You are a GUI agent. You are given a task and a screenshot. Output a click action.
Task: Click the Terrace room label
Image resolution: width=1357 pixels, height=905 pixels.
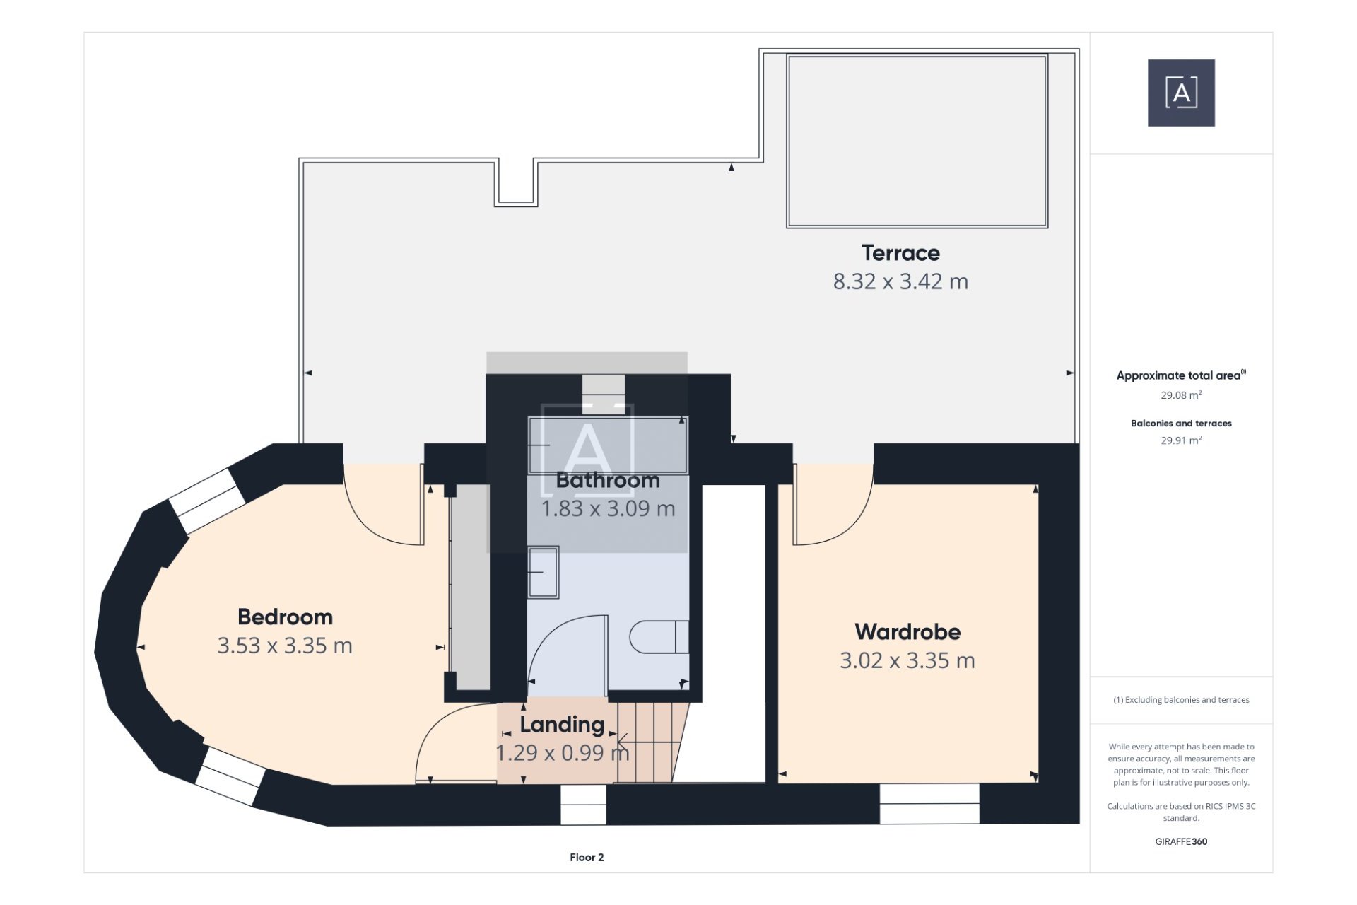[900, 253]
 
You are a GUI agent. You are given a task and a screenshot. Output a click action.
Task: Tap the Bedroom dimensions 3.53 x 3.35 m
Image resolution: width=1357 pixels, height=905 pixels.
[285, 646]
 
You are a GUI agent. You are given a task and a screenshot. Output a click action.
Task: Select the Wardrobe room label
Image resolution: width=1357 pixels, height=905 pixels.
[907, 631]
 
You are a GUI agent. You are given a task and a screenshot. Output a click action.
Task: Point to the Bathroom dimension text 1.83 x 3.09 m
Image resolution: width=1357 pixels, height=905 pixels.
[608, 508]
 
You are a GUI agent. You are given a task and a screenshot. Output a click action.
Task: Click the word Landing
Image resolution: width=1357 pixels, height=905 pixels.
[563, 725]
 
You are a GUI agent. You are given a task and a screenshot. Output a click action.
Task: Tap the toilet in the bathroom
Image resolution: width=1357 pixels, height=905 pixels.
[659, 637]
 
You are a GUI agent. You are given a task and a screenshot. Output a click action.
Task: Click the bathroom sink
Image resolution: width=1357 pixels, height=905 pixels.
[544, 572]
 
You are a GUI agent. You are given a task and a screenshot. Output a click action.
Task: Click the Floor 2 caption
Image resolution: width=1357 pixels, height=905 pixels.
[587, 857]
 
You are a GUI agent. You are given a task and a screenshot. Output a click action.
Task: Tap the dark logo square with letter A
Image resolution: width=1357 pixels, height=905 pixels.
[1181, 93]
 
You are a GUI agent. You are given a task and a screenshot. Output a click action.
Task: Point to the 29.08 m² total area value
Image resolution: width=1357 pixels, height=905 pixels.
[1181, 395]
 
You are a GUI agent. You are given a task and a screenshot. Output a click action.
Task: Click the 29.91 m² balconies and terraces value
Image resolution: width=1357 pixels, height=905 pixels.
[1181, 440]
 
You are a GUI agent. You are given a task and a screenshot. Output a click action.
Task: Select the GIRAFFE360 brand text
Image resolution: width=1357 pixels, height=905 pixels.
[1181, 841]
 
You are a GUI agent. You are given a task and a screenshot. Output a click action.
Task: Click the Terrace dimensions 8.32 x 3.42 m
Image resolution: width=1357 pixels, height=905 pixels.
[900, 281]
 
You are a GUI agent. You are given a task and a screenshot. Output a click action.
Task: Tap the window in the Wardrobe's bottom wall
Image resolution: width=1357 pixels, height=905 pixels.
[929, 803]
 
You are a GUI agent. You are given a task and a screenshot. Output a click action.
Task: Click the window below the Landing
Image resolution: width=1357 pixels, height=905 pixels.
[583, 805]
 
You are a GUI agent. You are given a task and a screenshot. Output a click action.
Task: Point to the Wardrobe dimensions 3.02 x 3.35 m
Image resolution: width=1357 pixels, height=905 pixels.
[907, 660]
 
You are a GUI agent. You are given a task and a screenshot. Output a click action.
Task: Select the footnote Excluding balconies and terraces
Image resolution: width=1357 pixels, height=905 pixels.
[1181, 700]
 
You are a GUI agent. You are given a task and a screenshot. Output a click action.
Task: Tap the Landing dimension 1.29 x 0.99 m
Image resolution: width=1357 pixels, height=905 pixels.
[563, 753]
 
